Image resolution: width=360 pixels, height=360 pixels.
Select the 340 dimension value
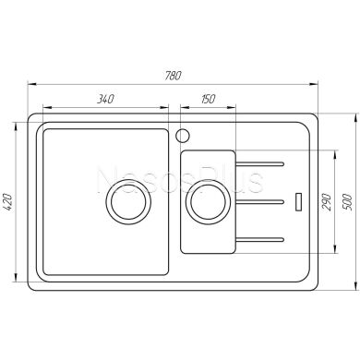(104, 99)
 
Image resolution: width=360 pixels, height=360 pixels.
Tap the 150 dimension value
(210, 99)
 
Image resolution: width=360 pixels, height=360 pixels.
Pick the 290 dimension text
(326, 202)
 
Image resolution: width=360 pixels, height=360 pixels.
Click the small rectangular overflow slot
(297, 199)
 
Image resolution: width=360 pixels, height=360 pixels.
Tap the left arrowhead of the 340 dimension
(42, 106)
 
